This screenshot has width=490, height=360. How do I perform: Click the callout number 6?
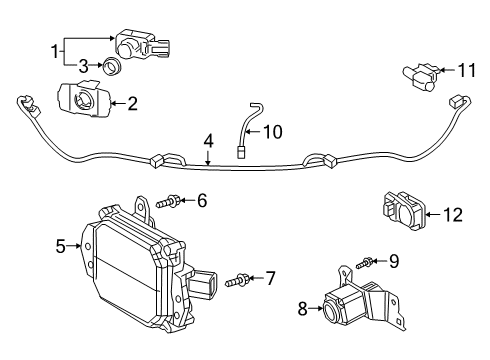coord(202,201)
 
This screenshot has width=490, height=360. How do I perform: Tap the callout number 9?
coord(394,262)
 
